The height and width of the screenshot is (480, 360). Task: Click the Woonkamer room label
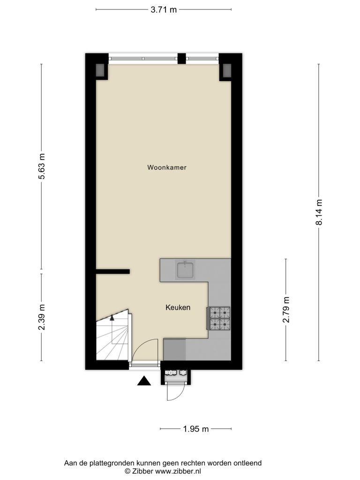click(166, 167)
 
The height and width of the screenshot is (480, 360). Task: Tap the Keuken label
click(178, 307)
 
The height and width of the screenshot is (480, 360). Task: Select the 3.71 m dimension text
click(164, 10)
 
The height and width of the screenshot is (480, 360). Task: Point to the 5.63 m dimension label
click(41, 166)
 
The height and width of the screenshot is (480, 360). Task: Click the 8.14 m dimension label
click(319, 212)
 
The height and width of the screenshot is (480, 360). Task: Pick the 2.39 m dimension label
click(41, 317)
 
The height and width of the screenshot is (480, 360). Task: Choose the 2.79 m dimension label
click(286, 310)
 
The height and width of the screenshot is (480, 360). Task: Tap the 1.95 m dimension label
click(196, 429)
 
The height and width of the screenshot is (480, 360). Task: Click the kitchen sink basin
click(185, 270)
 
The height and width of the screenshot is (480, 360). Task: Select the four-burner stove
click(219, 319)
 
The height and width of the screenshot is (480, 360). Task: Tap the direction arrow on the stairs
click(112, 318)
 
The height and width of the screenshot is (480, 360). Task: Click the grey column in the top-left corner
click(100, 70)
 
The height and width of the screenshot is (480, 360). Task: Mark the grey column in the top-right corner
click(227, 70)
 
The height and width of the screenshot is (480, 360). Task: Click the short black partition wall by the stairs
click(113, 271)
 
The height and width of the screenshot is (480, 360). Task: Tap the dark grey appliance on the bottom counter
click(174, 349)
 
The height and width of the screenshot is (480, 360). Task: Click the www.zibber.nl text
click(178, 471)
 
